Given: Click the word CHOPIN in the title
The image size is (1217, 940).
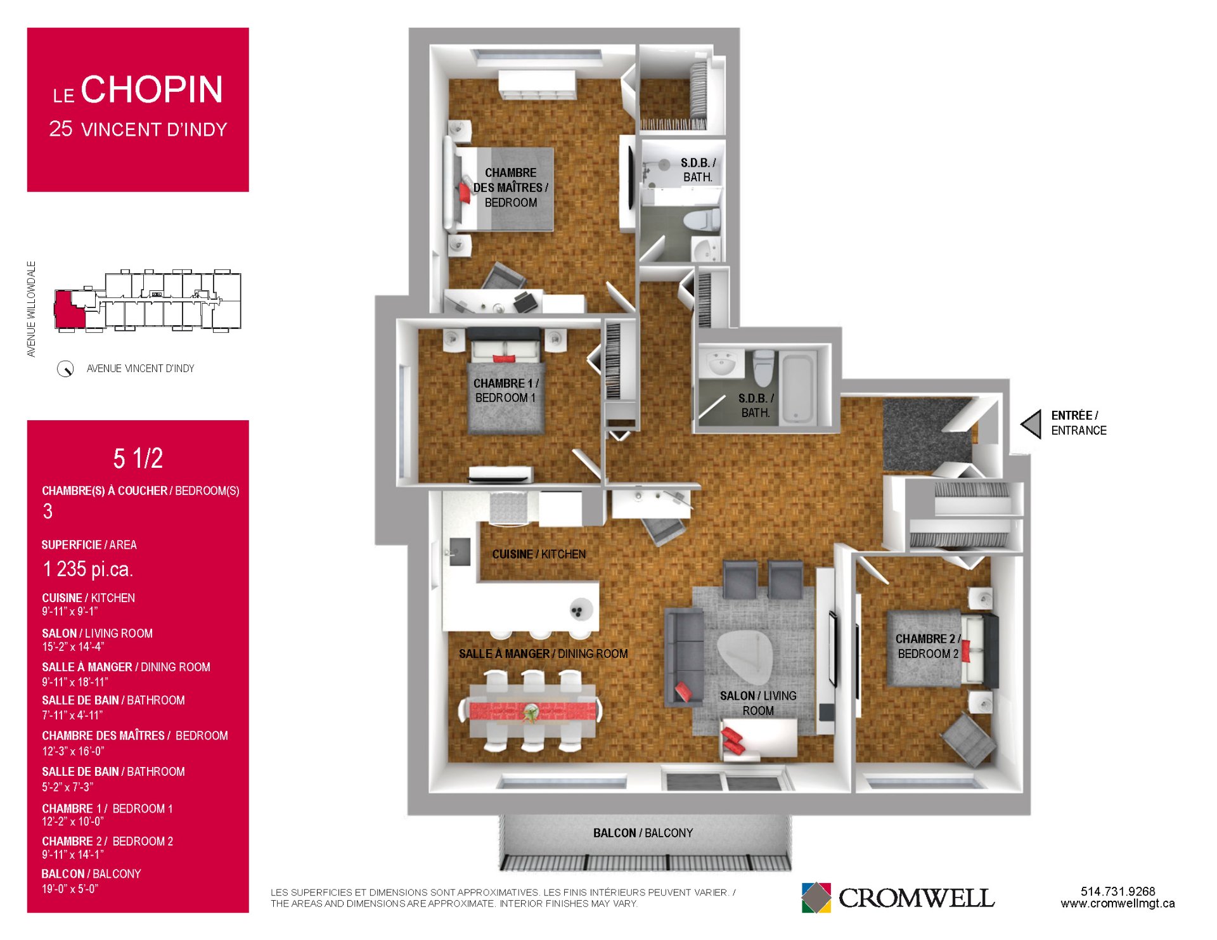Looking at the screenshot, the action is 152,89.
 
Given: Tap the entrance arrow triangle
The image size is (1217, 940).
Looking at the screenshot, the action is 1032,424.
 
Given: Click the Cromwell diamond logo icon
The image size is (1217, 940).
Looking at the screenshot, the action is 816,898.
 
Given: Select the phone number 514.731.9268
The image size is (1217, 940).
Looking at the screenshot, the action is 1117,891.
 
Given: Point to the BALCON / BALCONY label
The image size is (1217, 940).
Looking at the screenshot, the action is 643,833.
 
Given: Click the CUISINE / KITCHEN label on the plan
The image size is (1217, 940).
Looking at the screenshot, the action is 539,554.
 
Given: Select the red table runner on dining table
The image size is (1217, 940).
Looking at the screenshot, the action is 532,710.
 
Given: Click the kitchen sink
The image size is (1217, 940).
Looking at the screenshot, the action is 460,551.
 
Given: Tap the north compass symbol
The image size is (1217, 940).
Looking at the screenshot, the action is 65,369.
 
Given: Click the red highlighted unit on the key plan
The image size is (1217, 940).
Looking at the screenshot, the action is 68,310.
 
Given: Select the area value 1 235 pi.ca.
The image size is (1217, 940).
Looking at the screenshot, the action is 87,569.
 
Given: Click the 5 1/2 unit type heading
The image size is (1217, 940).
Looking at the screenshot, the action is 138,458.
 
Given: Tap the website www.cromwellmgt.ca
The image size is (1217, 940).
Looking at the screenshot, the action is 1117,904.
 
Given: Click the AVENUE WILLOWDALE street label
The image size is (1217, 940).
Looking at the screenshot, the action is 31,309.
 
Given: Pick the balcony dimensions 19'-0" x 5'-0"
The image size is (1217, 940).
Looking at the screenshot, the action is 70,889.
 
